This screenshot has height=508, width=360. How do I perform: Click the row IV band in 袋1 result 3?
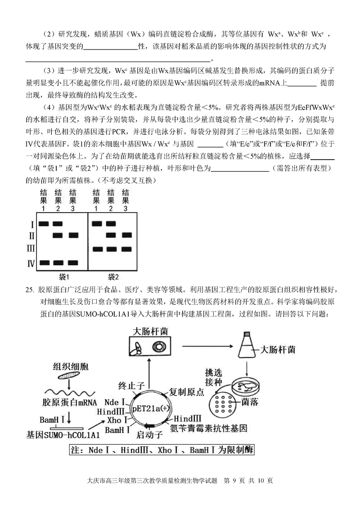pyautogui.click(x=73, y=263)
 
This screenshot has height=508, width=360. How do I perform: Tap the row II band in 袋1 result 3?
pyautogui.click(x=73, y=235)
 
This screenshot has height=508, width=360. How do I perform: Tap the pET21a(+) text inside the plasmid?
pyautogui.click(x=151, y=407)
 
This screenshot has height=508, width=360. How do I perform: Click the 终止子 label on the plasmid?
pyautogui.click(x=131, y=385)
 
